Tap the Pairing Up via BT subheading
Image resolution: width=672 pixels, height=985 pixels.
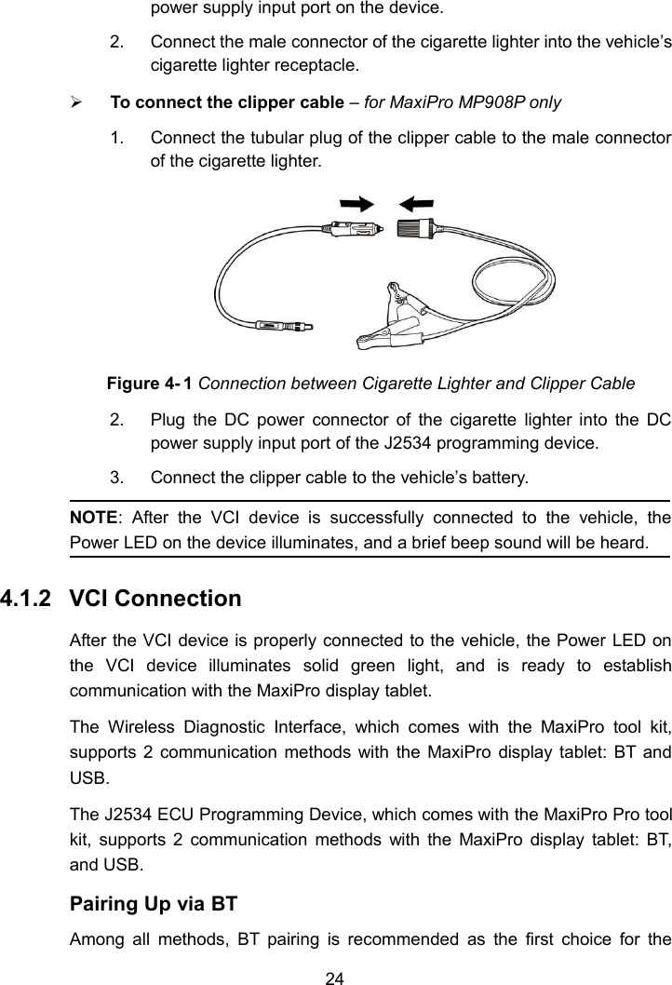click(154, 903)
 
